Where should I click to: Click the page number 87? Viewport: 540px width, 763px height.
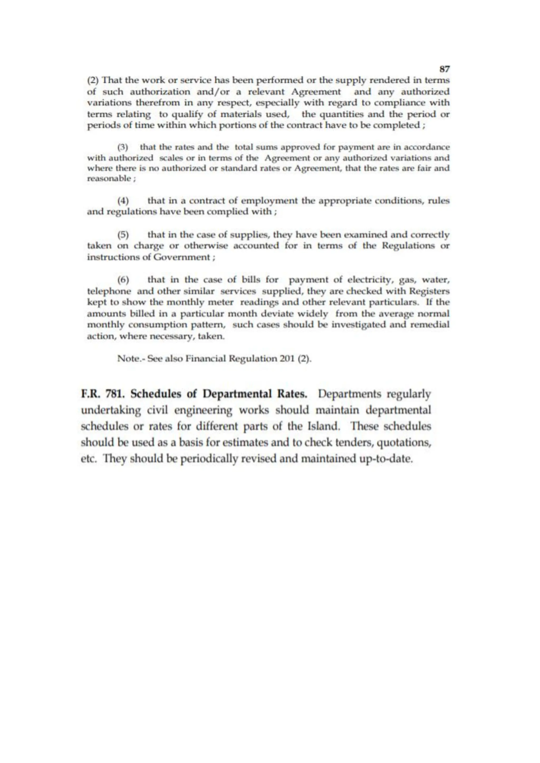click(445, 69)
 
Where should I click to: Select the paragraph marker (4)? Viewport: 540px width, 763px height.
click(123, 201)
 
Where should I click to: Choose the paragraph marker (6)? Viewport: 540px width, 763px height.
click(123, 280)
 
